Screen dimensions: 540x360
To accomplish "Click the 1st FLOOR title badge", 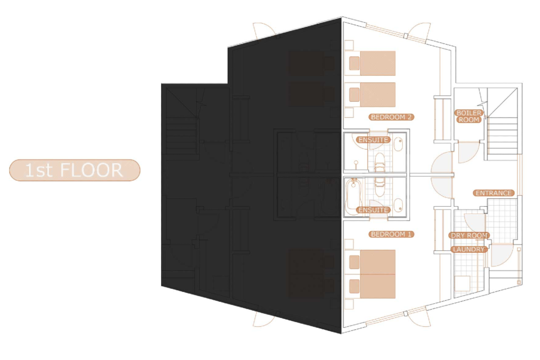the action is pyautogui.click(x=75, y=170).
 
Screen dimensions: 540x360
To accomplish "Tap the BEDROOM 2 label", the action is pyautogui.click(x=391, y=117).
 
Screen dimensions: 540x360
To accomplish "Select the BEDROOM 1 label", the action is pyautogui.click(x=391, y=234).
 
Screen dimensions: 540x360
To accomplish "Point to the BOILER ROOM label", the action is pyautogui.click(x=469, y=116).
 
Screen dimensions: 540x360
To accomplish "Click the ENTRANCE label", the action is pyautogui.click(x=494, y=193).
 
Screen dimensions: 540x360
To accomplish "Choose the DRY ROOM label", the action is pyautogui.click(x=469, y=235).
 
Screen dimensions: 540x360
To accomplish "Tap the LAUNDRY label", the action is pyautogui.click(x=469, y=249).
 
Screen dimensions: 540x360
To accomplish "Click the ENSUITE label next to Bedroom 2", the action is pyautogui.click(x=373, y=140).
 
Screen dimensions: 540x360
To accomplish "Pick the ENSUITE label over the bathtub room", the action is pyautogui.click(x=373, y=210).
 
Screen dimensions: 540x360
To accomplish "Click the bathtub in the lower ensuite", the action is pyautogui.click(x=354, y=197).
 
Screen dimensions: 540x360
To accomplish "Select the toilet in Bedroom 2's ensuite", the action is pyautogui.click(x=380, y=162).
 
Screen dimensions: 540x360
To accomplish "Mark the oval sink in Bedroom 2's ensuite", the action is pyautogui.click(x=398, y=144).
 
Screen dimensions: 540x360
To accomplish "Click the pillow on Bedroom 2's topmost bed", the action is pyautogui.click(x=354, y=63).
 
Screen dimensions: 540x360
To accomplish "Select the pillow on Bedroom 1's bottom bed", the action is pyautogui.click(x=354, y=286).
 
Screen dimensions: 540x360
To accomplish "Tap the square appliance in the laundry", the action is pyautogui.click(x=462, y=283).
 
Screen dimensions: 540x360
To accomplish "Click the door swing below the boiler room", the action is pyautogui.click(x=468, y=152).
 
